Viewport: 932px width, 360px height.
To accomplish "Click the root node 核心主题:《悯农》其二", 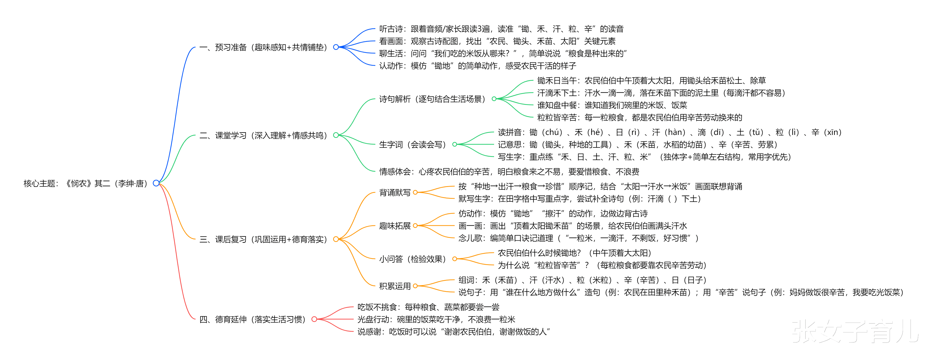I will click(85, 183).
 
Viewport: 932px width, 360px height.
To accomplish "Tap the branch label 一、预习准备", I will click(263, 47).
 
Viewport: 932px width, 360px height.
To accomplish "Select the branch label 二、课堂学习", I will click(263, 135).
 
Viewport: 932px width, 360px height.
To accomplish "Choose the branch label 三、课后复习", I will click(263, 239).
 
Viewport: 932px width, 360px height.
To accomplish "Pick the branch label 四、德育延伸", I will click(252, 319).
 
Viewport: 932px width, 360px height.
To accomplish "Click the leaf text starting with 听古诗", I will click(501, 29).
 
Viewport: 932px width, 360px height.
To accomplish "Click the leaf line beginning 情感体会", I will click(509, 171).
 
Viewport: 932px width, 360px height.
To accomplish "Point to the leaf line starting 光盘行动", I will click(436, 319).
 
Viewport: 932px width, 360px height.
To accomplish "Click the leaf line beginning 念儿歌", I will click(578, 238).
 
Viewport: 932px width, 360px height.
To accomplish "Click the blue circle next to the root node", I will click(156, 183).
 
